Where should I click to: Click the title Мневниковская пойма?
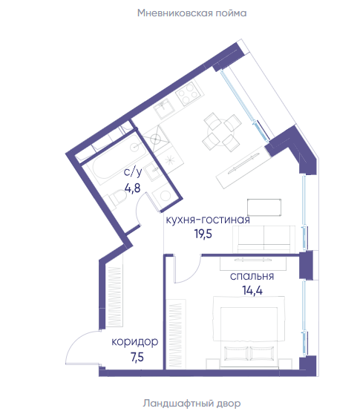pyautogui.click(x=192, y=13)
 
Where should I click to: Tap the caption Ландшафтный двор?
pyautogui.click(x=192, y=404)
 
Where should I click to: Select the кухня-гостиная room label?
pyautogui.click(x=208, y=220)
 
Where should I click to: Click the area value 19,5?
pyautogui.click(x=203, y=234)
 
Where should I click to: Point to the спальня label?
pyautogui.click(x=252, y=276)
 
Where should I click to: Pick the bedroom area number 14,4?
pyautogui.click(x=252, y=290)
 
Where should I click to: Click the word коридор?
pyautogui.click(x=134, y=341)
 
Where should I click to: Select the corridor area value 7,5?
pyautogui.click(x=137, y=357)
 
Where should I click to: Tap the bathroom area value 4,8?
pyautogui.click(x=132, y=188)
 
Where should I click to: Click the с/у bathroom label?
pyautogui.click(x=133, y=172)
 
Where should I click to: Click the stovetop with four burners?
pyautogui.click(x=189, y=93)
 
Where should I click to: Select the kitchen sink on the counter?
pyautogui.click(x=164, y=108)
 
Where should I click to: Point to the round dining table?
pyautogui.click(x=221, y=132)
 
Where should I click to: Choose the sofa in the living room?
pyautogui.click(x=264, y=239)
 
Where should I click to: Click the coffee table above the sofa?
pyautogui.click(x=264, y=207)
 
